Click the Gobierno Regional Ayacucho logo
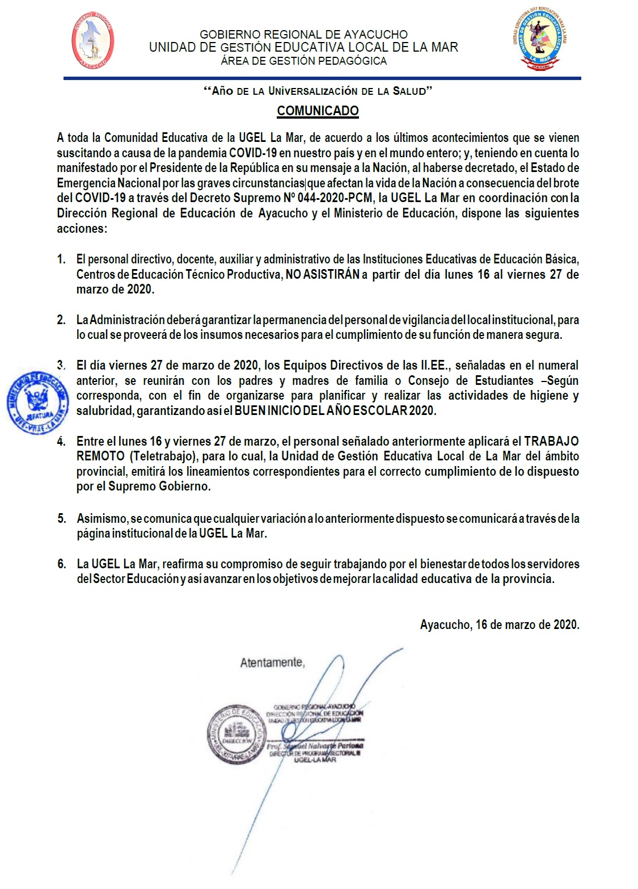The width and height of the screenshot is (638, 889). pyautogui.click(x=92, y=41)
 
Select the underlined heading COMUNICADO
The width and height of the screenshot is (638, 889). pyautogui.click(x=318, y=111)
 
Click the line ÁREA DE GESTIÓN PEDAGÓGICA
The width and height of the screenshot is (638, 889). pyautogui.click(x=303, y=61)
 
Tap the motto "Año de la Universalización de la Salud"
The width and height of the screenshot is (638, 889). pyautogui.click(x=318, y=91)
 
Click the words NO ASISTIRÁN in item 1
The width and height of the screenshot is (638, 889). pyautogui.click(x=323, y=274)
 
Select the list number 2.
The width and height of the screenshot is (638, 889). pyautogui.click(x=61, y=320)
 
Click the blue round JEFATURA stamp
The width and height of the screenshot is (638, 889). pyautogui.click(x=38, y=402)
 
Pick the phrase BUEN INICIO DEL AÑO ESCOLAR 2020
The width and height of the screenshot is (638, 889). pyautogui.click(x=336, y=410)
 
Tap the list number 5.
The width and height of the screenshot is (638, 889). pyautogui.click(x=61, y=518)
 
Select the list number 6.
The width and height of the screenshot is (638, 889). pyautogui.click(x=61, y=564)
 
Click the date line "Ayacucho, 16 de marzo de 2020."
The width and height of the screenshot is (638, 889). pyautogui.click(x=499, y=624)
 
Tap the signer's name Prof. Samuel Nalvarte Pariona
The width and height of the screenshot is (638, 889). pyautogui.click(x=315, y=745)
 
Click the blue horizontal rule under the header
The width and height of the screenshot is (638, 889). pyautogui.click(x=322, y=78)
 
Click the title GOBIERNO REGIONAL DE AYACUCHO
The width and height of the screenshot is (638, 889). pyautogui.click(x=303, y=35)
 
